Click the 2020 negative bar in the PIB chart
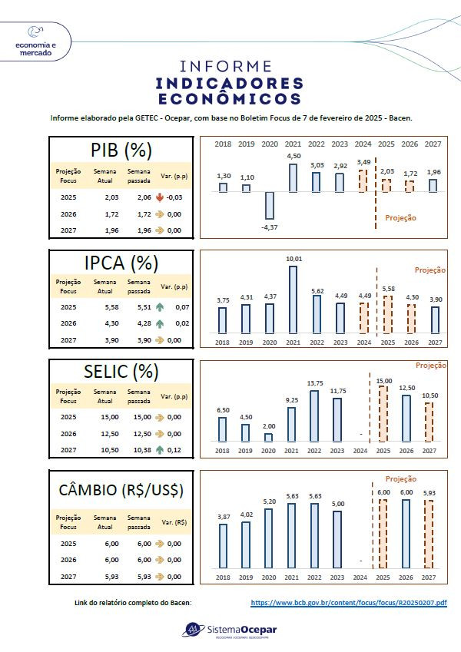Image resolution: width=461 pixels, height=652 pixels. (x=270, y=205)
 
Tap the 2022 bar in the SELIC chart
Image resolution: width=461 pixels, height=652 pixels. (x=314, y=415)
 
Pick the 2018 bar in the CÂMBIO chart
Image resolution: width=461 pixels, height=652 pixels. (x=223, y=544)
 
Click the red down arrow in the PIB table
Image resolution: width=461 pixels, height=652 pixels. (x=160, y=197)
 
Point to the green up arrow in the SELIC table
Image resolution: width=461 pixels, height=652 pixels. (x=160, y=450)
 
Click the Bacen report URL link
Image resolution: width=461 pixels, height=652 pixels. (x=348, y=603)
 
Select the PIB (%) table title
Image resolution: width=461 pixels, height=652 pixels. (x=121, y=149)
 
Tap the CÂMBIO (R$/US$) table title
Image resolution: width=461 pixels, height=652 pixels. (x=121, y=489)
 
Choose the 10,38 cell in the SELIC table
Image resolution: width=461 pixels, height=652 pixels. (x=138, y=450)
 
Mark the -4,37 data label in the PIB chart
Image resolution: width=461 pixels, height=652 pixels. (x=270, y=227)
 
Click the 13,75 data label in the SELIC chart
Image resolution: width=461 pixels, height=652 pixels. (x=314, y=383)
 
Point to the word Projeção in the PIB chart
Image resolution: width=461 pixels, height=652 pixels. (x=400, y=217)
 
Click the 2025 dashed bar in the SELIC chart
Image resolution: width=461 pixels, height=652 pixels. (x=384, y=413)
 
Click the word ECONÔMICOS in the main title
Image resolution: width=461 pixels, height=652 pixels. (x=230, y=99)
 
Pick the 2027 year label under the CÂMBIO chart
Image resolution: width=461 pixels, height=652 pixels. (x=435, y=577)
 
